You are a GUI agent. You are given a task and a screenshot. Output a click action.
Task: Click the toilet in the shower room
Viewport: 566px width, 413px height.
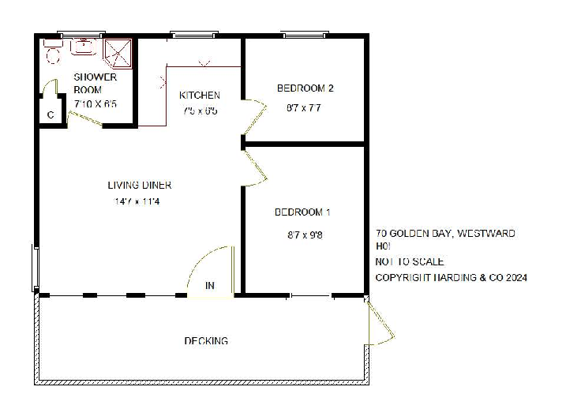point(53,53)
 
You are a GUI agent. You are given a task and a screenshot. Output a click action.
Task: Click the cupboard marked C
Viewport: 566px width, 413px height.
point(51,115)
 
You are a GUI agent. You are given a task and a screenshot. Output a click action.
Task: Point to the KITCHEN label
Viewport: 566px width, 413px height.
point(200,96)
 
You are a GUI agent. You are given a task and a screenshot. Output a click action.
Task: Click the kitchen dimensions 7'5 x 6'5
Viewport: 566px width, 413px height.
point(200,111)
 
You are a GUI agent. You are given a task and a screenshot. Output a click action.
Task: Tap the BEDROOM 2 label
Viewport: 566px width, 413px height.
point(305,88)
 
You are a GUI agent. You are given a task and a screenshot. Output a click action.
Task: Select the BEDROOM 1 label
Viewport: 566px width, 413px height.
point(302,212)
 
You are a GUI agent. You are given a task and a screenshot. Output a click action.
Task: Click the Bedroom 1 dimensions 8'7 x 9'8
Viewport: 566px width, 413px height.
point(304,235)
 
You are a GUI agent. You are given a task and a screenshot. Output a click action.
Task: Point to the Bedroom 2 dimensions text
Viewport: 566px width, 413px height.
point(304,108)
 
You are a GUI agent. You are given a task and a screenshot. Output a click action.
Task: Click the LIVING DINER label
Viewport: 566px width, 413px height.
point(140,186)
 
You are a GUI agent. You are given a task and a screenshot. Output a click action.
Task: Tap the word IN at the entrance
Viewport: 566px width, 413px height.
point(211,285)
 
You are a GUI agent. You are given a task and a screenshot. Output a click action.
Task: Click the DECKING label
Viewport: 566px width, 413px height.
point(206,341)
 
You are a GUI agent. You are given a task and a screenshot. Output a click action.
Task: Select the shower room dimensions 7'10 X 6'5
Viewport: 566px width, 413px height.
point(96,103)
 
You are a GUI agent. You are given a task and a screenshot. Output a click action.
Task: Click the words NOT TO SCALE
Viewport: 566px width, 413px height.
point(410,261)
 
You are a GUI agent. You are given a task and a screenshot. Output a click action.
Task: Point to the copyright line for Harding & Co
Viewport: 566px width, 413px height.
point(452,277)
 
